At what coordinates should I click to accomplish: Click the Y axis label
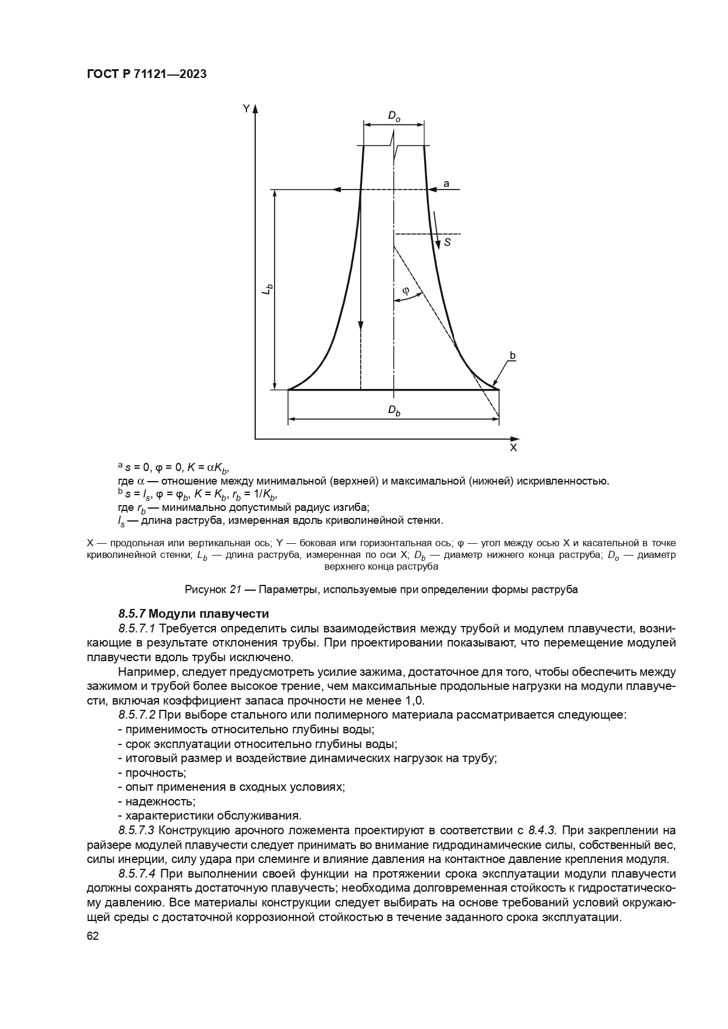click(x=246, y=109)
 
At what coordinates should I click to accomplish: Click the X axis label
click(x=513, y=448)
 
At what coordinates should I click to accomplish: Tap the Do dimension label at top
click(x=394, y=117)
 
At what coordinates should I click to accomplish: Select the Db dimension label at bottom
click(x=394, y=411)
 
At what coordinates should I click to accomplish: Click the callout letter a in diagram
click(x=446, y=184)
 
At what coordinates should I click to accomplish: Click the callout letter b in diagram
click(x=512, y=356)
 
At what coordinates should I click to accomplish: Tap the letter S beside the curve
click(x=447, y=241)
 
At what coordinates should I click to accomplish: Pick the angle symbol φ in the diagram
click(x=405, y=290)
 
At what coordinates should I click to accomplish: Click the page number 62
click(x=93, y=936)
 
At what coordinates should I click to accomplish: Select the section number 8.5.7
click(x=132, y=614)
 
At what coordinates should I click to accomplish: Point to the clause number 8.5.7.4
click(x=137, y=874)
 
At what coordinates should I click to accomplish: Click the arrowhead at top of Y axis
click(x=255, y=109)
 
